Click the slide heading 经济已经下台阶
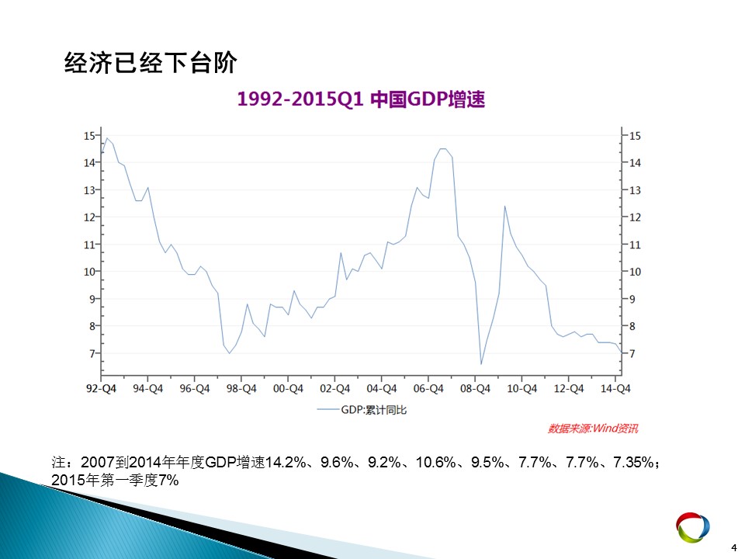(150, 63)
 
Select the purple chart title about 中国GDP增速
(361, 99)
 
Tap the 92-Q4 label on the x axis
(101, 389)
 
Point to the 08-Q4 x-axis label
(475, 389)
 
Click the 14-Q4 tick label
(615, 389)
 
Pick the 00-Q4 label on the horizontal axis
(288, 389)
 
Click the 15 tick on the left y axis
(89, 136)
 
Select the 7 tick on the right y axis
(632, 354)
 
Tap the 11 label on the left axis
(89, 245)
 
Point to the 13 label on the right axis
(636, 191)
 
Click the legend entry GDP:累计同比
(362, 410)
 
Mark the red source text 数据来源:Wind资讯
(593, 429)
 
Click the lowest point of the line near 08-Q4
(481, 364)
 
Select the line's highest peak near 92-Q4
(107, 138)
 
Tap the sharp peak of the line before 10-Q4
(504, 207)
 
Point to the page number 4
(733, 548)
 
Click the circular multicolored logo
(693, 527)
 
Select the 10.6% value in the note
(435, 462)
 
